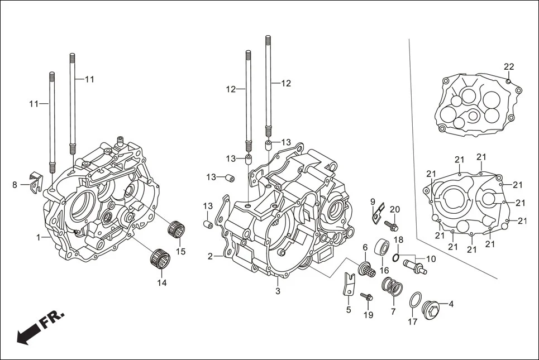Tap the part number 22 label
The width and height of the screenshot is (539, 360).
pyautogui.click(x=508, y=67)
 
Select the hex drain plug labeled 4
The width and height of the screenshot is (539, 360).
pyautogui.click(x=432, y=308)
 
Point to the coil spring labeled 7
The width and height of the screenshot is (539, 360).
pyautogui.click(x=393, y=288)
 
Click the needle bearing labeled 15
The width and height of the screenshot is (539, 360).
pyautogui.click(x=177, y=229)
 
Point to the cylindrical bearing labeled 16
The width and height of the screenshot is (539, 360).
pyautogui.click(x=383, y=247)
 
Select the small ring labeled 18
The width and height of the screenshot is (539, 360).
pyautogui.click(x=395, y=257)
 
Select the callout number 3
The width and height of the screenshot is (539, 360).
pyautogui.click(x=278, y=291)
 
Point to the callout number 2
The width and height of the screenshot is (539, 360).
pyautogui.click(x=211, y=257)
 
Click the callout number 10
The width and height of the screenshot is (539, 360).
pyautogui.click(x=431, y=259)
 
